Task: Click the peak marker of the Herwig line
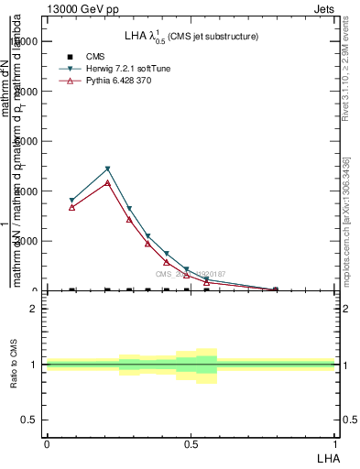(x=108, y=169)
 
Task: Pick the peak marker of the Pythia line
(x=108, y=183)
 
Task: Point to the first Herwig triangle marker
(x=72, y=200)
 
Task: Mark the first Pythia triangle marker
(x=72, y=207)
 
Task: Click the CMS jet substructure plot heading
(x=191, y=36)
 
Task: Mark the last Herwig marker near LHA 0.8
(x=276, y=289)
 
